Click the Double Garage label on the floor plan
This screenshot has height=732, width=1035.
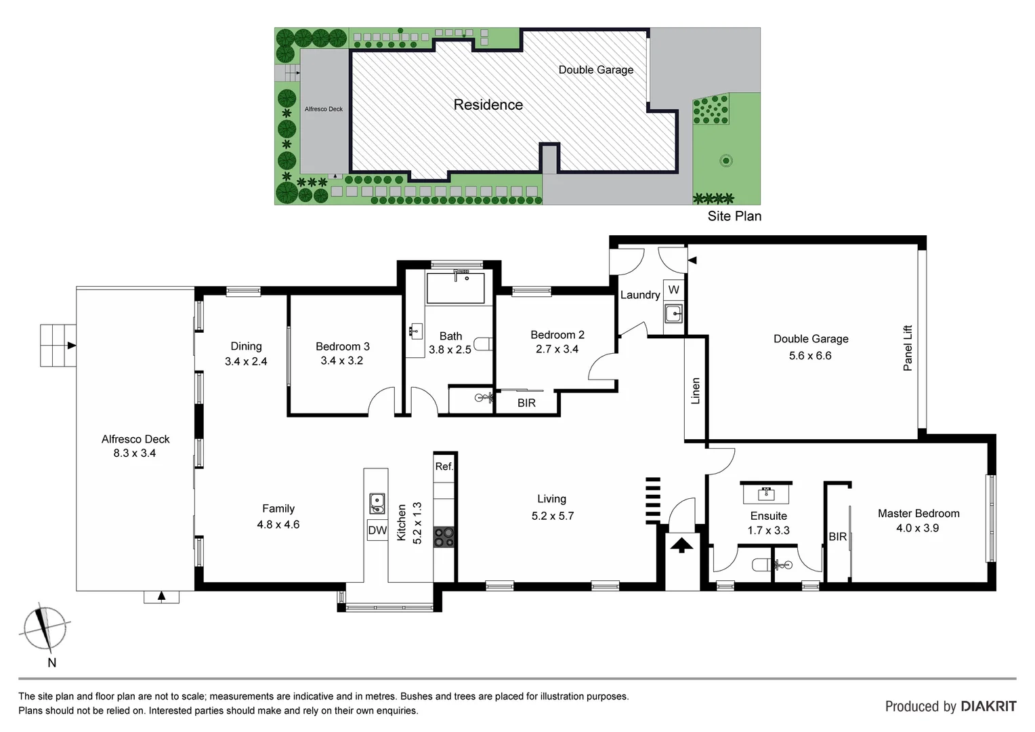(x=811, y=339)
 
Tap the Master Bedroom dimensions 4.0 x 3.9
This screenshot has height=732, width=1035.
(x=917, y=528)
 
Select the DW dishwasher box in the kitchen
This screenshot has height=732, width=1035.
(x=377, y=530)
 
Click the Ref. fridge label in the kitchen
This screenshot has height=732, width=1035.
(x=444, y=466)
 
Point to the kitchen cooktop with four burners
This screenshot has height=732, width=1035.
(x=444, y=537)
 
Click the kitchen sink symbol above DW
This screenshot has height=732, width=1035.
(x=377, y=504)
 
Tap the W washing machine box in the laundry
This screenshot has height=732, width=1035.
(x=673, y=290)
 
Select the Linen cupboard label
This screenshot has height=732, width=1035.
(x=695, y=391)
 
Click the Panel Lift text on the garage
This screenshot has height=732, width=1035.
(x=908, y=348)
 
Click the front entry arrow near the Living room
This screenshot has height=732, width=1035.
(x=681, y=544)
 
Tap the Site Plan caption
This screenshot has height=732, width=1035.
(x=734, y=216)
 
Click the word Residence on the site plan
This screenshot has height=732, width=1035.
(x=488, y=105)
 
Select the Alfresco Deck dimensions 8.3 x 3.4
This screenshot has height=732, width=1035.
(x=134, y=453)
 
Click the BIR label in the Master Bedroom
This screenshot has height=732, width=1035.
(x=837, y=537)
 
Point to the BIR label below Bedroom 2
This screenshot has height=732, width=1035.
(x=526, y=403)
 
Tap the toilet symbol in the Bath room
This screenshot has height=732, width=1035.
(x=483, y=344)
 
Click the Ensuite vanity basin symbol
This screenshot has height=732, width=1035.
(x=767, y=492)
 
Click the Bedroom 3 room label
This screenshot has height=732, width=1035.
(x=342, y=346)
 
